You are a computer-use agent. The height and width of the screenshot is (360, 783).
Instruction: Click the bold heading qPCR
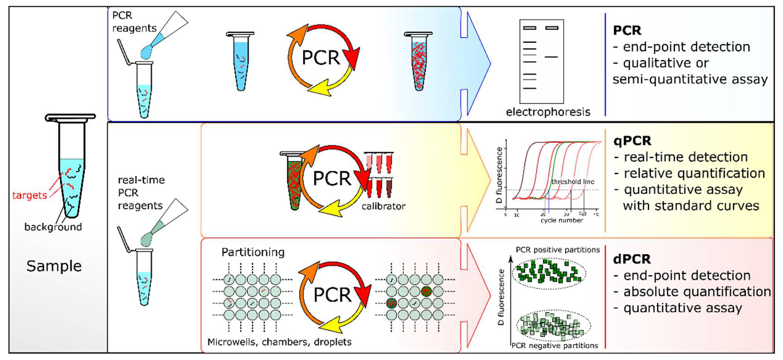click(632, 141)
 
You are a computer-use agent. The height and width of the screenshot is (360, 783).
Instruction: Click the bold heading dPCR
click(632, 259)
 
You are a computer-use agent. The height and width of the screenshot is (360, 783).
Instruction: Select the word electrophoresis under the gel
click(548, 112)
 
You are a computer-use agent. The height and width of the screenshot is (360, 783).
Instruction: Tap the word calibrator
click(383, 206)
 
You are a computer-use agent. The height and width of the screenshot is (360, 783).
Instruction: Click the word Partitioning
click(253, 252)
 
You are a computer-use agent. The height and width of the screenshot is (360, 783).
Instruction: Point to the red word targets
click(29, 195)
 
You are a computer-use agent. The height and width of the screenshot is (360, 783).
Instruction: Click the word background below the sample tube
click(53, 227)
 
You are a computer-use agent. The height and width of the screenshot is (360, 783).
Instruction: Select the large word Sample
click(54, 266)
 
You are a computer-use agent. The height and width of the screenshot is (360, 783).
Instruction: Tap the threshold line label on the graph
click(573, 181)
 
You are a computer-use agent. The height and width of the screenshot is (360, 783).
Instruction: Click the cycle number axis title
click(561, 221)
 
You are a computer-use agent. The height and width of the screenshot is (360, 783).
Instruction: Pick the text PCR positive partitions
click(557, 250)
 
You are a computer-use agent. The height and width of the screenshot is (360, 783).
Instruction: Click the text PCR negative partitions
click(555, 345)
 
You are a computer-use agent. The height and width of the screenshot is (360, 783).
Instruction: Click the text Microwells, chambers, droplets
click(279, 342)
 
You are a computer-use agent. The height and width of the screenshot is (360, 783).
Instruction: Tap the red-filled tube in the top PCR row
click(418, 61)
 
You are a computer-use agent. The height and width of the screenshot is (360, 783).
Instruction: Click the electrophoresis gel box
click(541, 61)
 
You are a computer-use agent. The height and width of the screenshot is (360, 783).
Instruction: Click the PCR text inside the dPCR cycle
click(332, 295)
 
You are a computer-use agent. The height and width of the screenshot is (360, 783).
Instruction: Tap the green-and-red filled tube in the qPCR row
click(293, 181)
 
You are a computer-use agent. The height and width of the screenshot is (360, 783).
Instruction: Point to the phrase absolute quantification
click(697, 292)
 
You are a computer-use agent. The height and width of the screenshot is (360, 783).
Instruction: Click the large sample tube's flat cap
click(70, 117)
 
